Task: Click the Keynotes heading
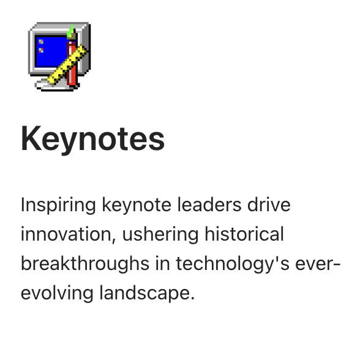(x=93, y=140)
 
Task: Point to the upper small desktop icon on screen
(x=41, y=42)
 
